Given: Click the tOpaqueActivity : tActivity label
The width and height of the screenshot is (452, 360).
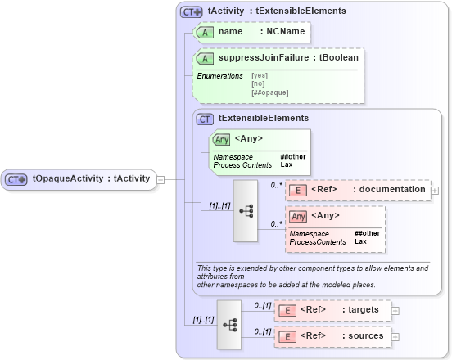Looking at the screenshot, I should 90,179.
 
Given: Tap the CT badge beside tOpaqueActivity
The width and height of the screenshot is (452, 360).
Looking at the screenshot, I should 17,179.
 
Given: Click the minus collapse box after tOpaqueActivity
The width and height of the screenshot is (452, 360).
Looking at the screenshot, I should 160,179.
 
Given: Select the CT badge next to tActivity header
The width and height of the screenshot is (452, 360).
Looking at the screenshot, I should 192,11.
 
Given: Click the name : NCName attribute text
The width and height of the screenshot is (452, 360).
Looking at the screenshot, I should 250,32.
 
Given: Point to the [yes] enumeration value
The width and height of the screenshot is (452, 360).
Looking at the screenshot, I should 259,75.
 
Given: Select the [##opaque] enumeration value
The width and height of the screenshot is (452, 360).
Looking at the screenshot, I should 269,92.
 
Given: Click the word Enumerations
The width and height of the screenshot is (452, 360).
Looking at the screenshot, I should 219,75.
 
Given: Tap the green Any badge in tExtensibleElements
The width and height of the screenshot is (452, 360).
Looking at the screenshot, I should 221,139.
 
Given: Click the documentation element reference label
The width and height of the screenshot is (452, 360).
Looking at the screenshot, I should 368,190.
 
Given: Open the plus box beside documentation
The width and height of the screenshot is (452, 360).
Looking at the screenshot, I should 435,190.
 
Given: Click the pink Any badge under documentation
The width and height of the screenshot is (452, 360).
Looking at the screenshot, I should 299,216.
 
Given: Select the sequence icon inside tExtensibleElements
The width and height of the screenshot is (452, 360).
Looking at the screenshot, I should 246,210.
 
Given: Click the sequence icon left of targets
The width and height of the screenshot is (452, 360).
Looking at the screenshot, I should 228,324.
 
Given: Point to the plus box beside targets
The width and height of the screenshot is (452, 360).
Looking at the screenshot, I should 396,310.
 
